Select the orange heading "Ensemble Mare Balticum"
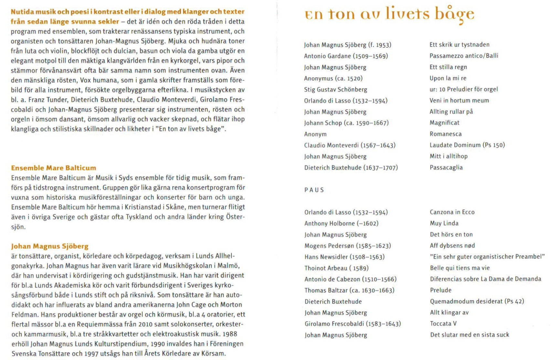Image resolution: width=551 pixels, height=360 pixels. (x=54, y=168)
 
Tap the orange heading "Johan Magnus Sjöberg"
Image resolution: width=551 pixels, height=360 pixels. (x=50, y=246)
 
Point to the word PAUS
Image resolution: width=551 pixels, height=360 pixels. (x=314, y=190)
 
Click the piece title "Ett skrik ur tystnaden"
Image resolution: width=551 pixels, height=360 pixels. (x=459, y=45)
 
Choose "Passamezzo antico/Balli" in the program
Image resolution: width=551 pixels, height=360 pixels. (x=464, y=56)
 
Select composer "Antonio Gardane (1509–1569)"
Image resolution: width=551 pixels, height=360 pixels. (x=346, y=56)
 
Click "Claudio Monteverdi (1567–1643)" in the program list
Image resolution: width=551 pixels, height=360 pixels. (x=350, y=145)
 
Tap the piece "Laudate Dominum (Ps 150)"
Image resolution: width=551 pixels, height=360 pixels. (x=467, y=145)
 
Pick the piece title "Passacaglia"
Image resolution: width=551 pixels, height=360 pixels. (x=446, y=168)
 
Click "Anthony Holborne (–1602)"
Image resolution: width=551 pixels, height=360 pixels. (x=341, y=224)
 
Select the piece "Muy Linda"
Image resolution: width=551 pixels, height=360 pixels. (x=444, y=223)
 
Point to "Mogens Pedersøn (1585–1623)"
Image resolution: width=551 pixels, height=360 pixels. (x=347, y=246)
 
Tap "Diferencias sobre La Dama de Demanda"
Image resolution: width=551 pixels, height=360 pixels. (x=485, y=279)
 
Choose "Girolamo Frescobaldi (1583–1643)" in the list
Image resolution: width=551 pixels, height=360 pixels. (x=353, y=324)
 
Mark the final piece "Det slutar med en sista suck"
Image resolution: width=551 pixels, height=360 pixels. (x=469, y=335)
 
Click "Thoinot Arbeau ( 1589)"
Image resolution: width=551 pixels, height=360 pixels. (x=336, y=268)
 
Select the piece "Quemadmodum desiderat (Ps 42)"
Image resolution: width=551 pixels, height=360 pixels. (x=477, y=301)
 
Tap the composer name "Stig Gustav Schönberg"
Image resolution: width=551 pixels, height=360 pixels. (x=335, y=90)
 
